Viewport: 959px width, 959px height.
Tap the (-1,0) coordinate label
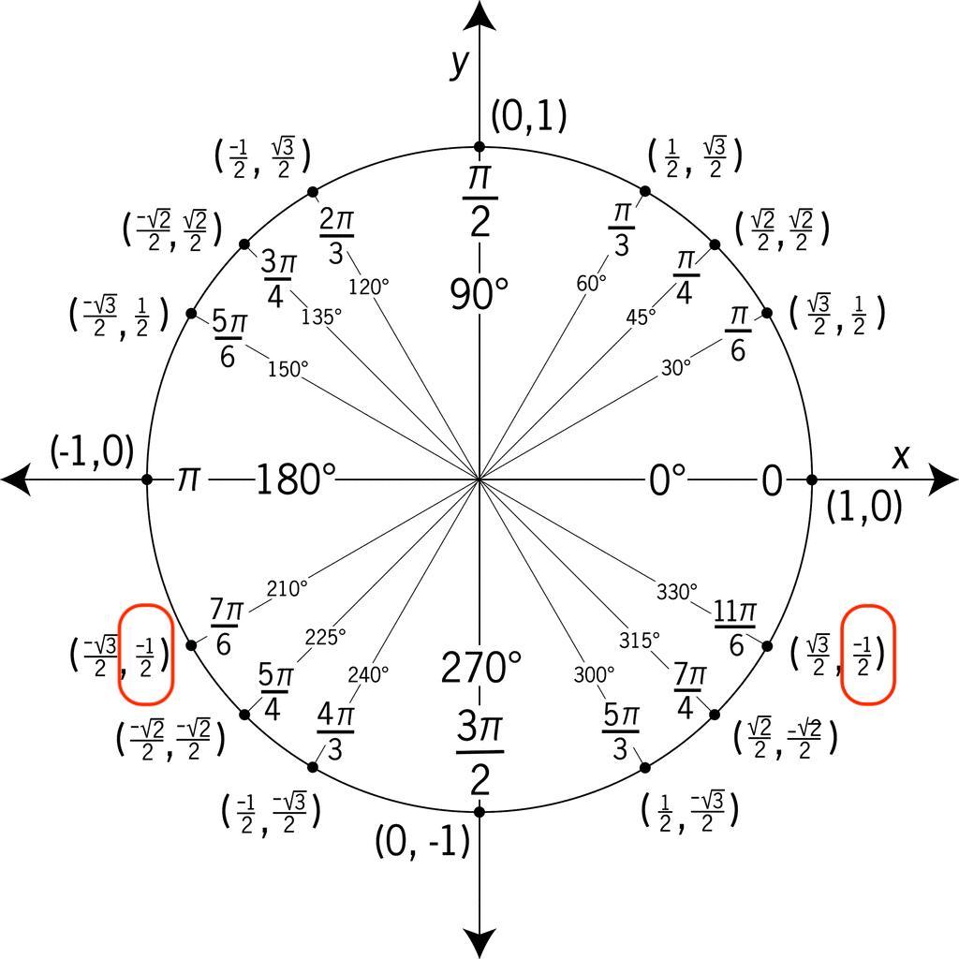tap(92, 451)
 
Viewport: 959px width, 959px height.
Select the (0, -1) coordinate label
tap(421, 842)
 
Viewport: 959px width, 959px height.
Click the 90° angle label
tap(479, 294)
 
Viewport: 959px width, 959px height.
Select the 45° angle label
tap(641, 317)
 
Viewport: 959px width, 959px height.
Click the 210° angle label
tap(287, 589)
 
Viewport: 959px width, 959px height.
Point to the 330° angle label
tap(676, 592)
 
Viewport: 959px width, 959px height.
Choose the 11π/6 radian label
tap(735, 627)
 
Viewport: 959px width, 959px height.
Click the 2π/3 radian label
tap(336, 232)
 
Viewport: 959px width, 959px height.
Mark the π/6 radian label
tap(738, 332)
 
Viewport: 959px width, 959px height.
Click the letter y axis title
tap(459, 63)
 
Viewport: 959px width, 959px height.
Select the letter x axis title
tap(901, 456)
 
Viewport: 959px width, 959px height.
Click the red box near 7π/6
tap(145, 655)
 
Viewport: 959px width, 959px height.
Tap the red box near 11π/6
tap(868, 654)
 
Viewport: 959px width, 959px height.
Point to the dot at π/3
tap(645, 192)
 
